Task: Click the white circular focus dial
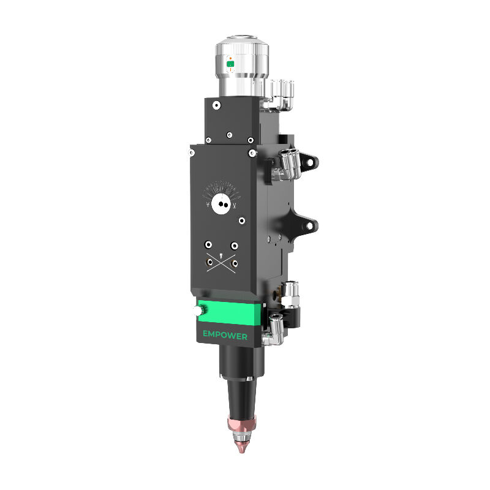[x=219, y=204]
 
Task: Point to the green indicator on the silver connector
[x=230, y=63]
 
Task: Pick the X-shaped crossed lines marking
[x=221, y=263]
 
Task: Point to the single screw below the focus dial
[x=243, y=219]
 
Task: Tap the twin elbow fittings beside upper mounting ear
[x=285, y=164]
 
